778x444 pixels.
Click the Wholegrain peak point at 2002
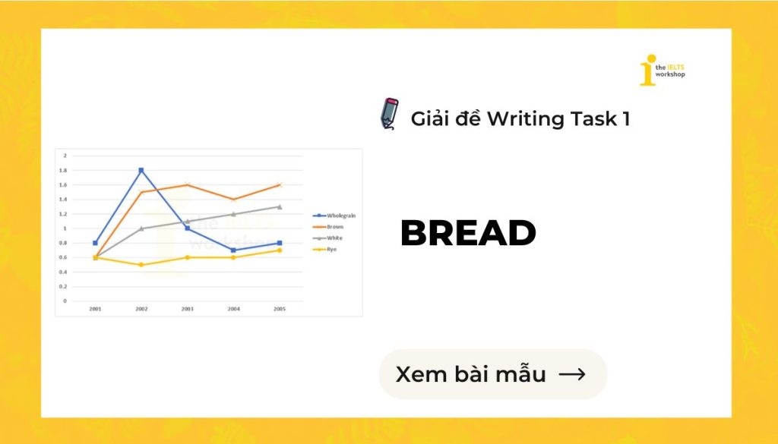tap(141, 170)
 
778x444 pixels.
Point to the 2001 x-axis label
tap(95, 310)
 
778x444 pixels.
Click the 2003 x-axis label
tap(187, 310)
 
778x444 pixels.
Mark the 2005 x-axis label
tap(280, 310)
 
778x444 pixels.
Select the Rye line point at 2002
tap(141, 265)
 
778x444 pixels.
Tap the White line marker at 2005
tap(280, 206)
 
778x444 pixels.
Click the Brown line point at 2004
tap(233, 200)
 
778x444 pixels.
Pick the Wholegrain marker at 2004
tap(233, 250)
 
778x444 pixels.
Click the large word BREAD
tap(468, 234)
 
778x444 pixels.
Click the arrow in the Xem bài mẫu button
tap(571, 374)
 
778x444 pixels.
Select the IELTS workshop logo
tap(662, 70)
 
